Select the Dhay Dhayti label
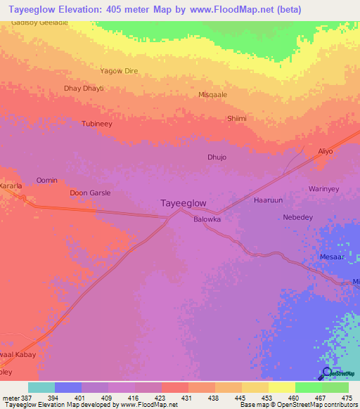(x=84, y=89)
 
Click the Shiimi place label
(x=236, y=119)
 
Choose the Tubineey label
(x=97, y=124)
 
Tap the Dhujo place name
(x=217, y=157)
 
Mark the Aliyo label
(x=325, y=151)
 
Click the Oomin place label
(x=47, y=181)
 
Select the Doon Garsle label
(x=90, y=193)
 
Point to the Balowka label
(x=207, y=219)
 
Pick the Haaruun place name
(x=268, y=200)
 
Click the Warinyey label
(x=324, y=189)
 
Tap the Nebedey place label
(x=297, y=217)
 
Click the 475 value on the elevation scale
(x=347, y=397)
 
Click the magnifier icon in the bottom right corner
(x=327, y=373)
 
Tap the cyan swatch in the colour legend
(x=41, y=387)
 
